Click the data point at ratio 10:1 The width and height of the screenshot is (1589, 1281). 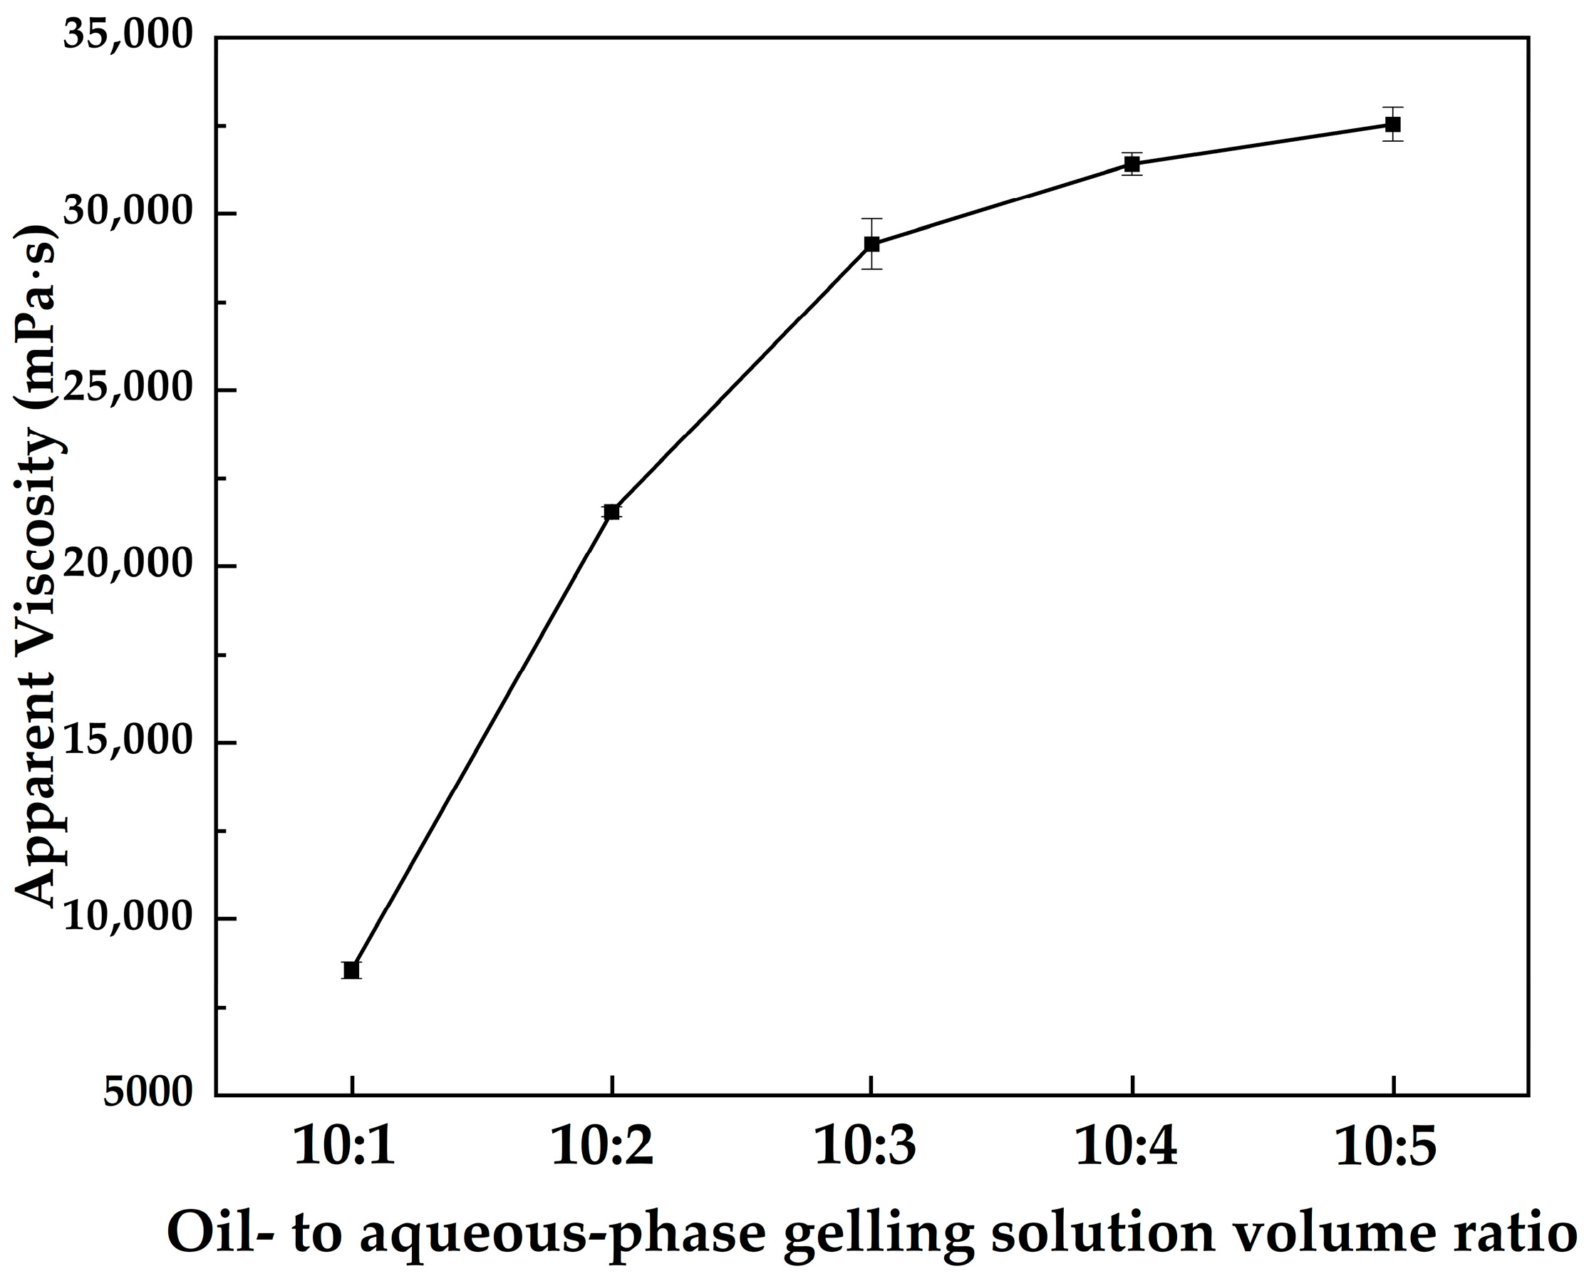pyautogui.click(x=351, y=970)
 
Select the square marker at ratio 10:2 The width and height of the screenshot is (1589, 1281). pyautogui.click(x=611, y=512)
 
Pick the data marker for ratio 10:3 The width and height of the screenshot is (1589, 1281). pyautogui.click(x=871, y=244)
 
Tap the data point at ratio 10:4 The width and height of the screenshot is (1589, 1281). pyautogui.click(x=1132, y=164)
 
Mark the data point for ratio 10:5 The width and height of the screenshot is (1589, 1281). pyautogui.click(x=1392, y=124)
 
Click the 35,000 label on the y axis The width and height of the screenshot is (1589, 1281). pyautogui.click(x=128, y=35)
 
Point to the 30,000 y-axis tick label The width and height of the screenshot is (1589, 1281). pyautogui.click(x=128, y=212)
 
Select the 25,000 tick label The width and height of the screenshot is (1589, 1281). pyautogui.click(x=128, y=389)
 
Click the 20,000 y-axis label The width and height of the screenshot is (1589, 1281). pyautogui.click(x=128, y=565)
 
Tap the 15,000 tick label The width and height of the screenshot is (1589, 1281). pyautogui.click(x=128, y=742)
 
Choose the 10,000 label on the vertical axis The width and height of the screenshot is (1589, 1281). pyautogui.click(x=128, y=918)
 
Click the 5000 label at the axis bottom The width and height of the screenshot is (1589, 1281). pyautogui.click(x=147, y=1094)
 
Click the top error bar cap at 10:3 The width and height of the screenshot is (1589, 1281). pyautogui.click(x=871, y=219)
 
